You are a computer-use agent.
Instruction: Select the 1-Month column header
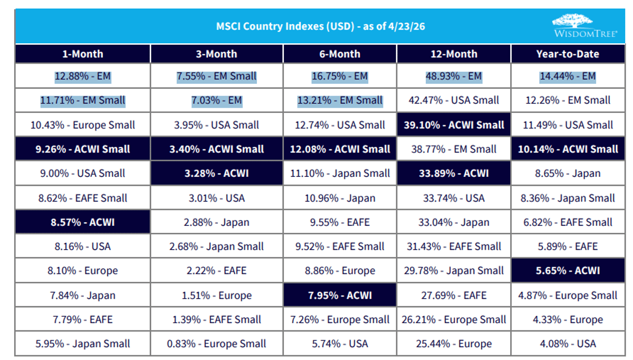click(82, 54)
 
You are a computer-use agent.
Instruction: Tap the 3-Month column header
click(217, 54)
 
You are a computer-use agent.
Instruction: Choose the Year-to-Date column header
click(568, 54)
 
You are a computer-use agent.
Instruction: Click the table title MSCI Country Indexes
click(321, 26)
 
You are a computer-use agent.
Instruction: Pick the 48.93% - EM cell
click(454, 76)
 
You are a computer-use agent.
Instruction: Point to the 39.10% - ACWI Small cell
click(454, 125)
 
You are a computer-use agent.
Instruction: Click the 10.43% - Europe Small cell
click(82, 125)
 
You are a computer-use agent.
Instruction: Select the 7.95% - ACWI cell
click(340, 295)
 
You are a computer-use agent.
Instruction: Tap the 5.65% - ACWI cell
click(568, 271)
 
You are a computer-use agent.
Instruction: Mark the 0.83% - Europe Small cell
click(217, 344)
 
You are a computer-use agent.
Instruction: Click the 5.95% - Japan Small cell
click(82, 344)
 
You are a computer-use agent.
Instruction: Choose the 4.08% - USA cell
click(568, 344)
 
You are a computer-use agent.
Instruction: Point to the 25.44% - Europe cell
click(454, 344)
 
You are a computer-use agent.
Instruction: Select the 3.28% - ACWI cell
click(217, 173)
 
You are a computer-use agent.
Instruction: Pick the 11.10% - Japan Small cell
click(340, 173)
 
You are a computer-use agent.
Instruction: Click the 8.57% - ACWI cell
click(82, 222)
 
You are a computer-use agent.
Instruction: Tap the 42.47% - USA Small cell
click(454, 100)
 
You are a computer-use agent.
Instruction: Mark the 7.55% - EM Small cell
click(217, 76)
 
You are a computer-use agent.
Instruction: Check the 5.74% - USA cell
click(340, 344)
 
